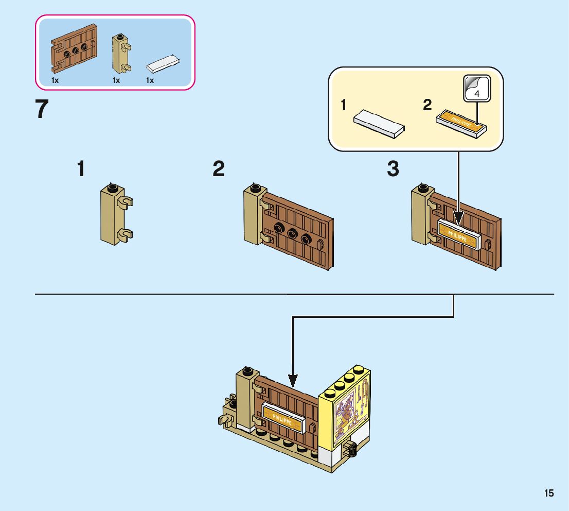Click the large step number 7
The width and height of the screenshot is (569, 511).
tap(42, 110)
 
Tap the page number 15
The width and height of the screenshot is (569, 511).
tap(549, 493)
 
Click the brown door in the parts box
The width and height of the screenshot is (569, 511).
tap(74, 50)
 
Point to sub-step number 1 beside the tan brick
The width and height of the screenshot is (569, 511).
tap(81, 169)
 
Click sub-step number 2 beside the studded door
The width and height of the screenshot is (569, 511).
tap(219, 169)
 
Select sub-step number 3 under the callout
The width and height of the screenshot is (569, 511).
tap(393, 169)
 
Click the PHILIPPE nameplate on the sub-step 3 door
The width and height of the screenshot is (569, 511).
tap(458, 233)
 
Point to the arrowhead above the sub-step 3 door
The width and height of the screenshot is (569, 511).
tap(458, 219)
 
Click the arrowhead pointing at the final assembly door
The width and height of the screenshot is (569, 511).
tap(293, 382)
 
